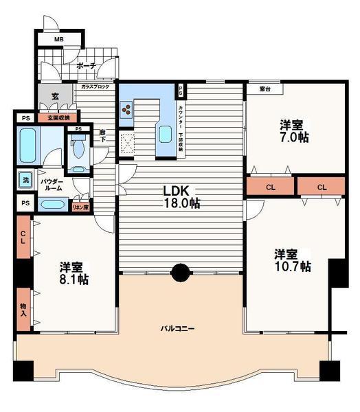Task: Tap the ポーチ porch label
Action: coord(86,66)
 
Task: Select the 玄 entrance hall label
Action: coord(53,97)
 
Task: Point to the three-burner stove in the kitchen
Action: coord(127,109)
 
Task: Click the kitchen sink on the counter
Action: coord(165,133)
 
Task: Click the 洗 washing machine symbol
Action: coord(23,180)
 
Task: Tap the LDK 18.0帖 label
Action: coord(181,196)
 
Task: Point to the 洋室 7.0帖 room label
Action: coord(293,131)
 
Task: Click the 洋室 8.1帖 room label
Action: coord(74,273)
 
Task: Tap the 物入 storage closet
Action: coord(23,310)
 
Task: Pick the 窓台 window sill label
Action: coord(264,89)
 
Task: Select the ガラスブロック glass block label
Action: coord(95,88)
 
